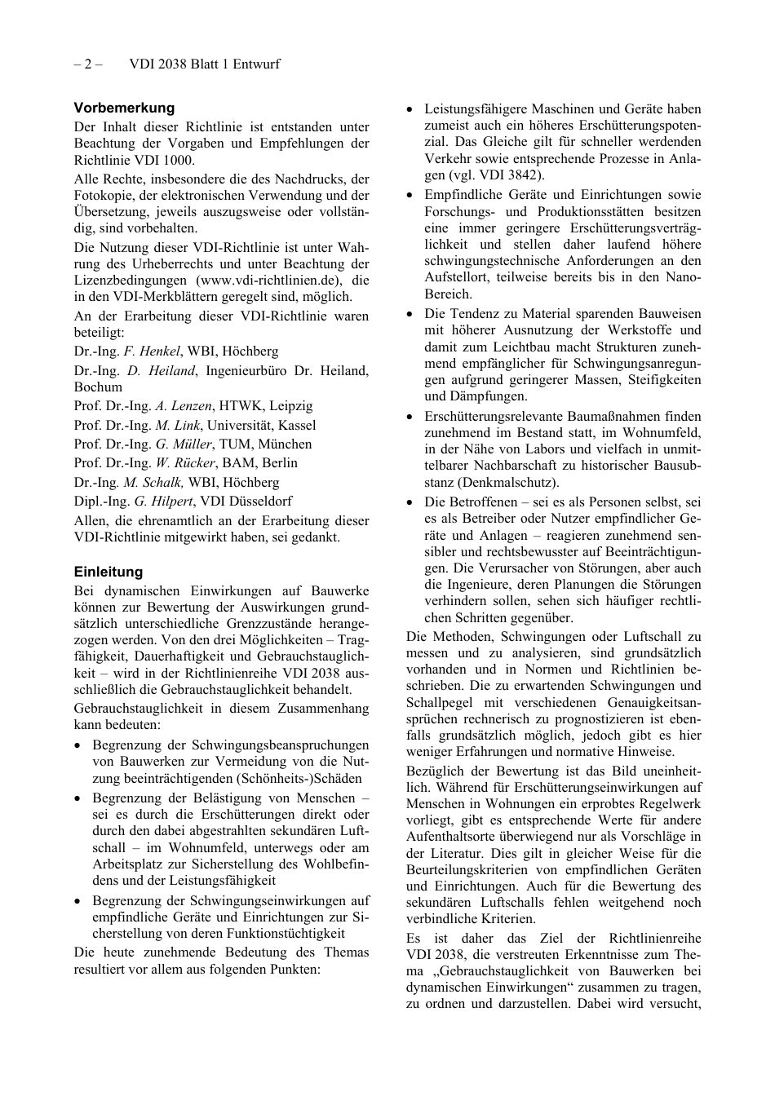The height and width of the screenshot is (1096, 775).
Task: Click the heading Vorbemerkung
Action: tap(124, 108)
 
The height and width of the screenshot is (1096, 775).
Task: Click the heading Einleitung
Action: tap(108, 572)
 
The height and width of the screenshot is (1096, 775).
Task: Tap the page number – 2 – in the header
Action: tap(87, 64)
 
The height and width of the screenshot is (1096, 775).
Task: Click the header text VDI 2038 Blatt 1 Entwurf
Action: tap(204, 64)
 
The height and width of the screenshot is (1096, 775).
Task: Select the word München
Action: tap(286, 444)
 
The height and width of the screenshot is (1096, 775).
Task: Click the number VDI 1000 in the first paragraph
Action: tap(169, 160)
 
